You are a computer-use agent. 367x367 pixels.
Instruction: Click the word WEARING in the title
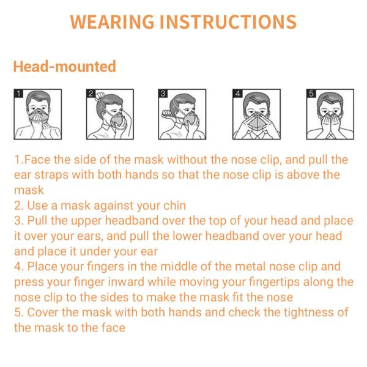click(112, 22)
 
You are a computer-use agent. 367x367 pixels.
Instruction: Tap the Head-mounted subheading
click(65, 66)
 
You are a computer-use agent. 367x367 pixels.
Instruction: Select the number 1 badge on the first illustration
click(18, 94)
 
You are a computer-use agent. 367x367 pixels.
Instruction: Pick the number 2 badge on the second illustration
click(91, 94)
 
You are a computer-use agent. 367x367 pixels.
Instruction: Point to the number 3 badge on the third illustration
click(163, 94)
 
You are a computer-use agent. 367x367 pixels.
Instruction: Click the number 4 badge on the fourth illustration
click(237, 94)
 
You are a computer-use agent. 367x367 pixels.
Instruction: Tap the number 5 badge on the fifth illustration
click(311, 94)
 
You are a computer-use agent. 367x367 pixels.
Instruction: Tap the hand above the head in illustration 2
click(100, 95)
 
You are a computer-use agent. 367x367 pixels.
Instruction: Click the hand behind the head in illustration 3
click(168, 114)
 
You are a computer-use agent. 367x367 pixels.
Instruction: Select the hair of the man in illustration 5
click(330, 98)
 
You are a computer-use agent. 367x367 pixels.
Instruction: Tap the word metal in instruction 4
click(250, 267)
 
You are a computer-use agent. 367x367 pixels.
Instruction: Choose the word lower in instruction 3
click(187, 236)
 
